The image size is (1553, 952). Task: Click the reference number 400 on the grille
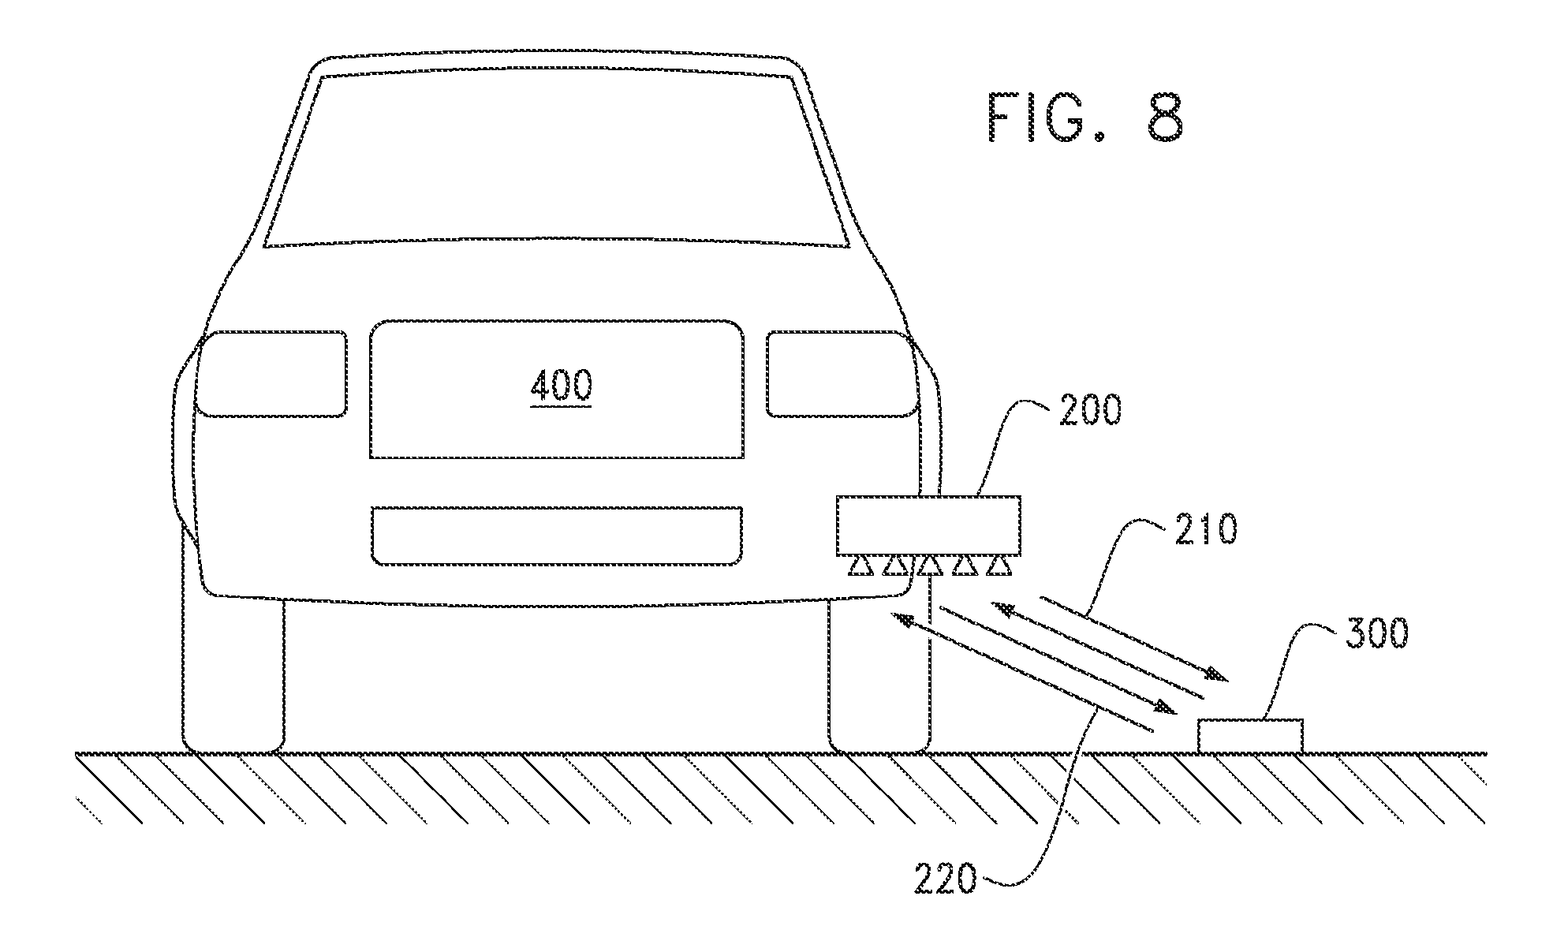click(562, 386)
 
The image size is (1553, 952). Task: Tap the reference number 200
click(1089, 411)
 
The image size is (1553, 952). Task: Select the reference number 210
click(1206, 531)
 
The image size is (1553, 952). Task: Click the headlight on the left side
click(271, 374)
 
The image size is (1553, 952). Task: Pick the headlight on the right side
click(843, 374)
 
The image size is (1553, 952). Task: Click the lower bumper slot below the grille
click(557, 536)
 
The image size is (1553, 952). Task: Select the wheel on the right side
click(879, 674)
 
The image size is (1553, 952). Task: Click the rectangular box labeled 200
click(929, 525)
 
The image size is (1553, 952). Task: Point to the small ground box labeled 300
click(1250, 735)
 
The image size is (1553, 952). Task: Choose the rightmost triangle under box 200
click(999, 566)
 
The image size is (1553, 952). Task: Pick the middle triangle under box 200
click(929, 566)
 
